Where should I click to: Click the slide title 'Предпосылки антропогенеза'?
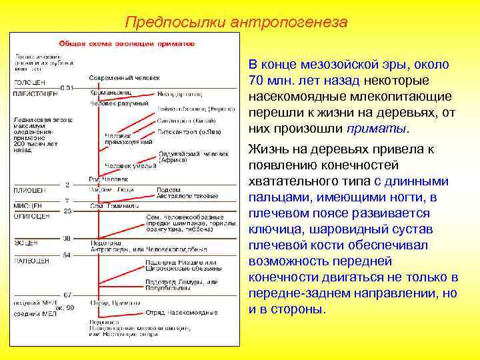[x=236, y=22]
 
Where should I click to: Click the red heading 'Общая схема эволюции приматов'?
[x=127, y=43]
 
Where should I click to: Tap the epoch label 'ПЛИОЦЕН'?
[x=29, y=191]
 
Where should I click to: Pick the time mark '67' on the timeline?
[x=66, y=293]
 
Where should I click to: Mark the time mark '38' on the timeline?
[x=67, y=237]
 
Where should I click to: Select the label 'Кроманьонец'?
[x=111, y=93]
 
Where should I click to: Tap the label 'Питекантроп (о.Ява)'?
[x=185, y=133]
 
